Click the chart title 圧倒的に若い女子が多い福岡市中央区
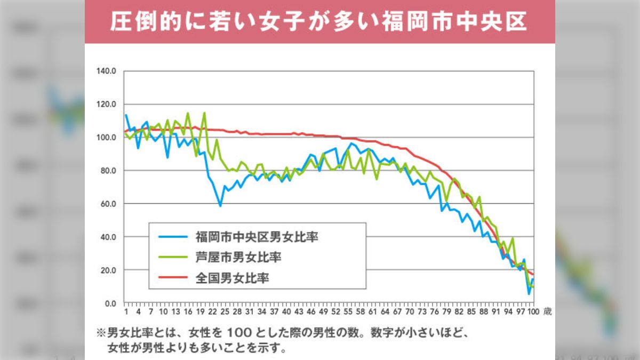coord(319,22)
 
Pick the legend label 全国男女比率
coord(231,278)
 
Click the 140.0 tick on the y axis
coord(106,71)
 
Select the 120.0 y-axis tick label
coord(106,104)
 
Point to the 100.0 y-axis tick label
coord(106,137)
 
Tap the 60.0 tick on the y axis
coord(108,204)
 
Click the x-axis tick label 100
coord(533,312)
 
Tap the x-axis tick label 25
coord(225,312)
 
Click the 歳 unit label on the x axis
coord(547,312)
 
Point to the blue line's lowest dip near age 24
coord(220,206)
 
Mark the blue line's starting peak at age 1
coord(126,115)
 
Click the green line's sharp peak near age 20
coord(204,113)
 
